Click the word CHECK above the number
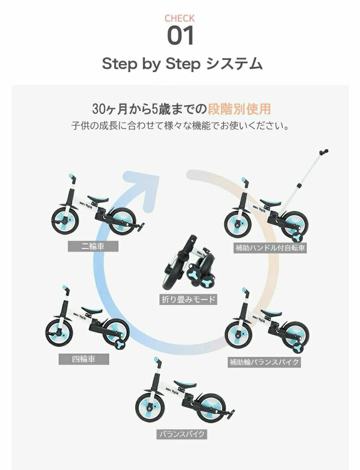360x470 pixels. coord(180,18)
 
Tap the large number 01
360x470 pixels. coord(180,36)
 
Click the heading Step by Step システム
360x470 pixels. coord(182,64)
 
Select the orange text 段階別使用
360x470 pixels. coord(239,109)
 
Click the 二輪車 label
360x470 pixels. coord(93,246)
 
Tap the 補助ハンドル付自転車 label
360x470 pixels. coord(270,248)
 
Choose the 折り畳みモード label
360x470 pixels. coord(188,300)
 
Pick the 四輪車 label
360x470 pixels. coord(84,359)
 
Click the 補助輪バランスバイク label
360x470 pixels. coord(264,362)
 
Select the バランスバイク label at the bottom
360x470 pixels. coord(182,434)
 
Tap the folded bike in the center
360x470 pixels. coord(189,262)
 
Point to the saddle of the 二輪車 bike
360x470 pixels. coord(98,199)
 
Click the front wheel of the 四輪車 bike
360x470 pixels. coord(59,333)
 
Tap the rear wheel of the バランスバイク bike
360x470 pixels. coord(211,408)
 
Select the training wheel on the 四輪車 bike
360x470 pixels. coord(121,344)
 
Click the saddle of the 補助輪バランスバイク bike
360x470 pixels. coord(271,313)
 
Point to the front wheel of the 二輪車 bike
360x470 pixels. coord(65,221)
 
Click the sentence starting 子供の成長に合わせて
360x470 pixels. coord(180,126)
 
